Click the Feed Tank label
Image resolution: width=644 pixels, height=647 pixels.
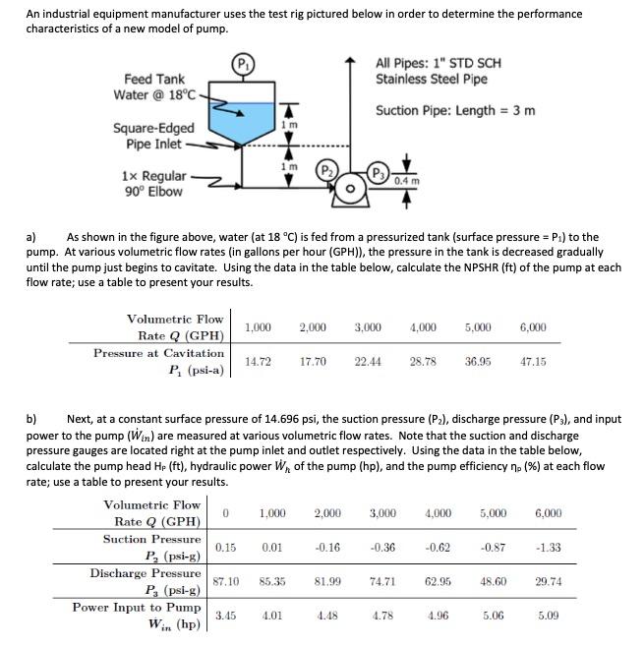(x=154, y=79)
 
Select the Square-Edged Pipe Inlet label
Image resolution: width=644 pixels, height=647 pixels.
(x=153, y=136)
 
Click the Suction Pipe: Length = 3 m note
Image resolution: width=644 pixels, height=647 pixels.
(x=455, y=109)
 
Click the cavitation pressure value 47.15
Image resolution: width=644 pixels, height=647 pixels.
(x=533, y=362)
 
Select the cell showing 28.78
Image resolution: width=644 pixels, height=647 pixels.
(x=423, y=362)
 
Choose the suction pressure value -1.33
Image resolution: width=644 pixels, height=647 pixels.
(x=549, y=547)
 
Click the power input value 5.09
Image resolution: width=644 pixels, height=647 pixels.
(x=549, y=617)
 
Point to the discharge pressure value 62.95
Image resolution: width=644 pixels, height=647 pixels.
(x=439, y=581)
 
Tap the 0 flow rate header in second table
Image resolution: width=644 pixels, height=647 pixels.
(x=226, y=512)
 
